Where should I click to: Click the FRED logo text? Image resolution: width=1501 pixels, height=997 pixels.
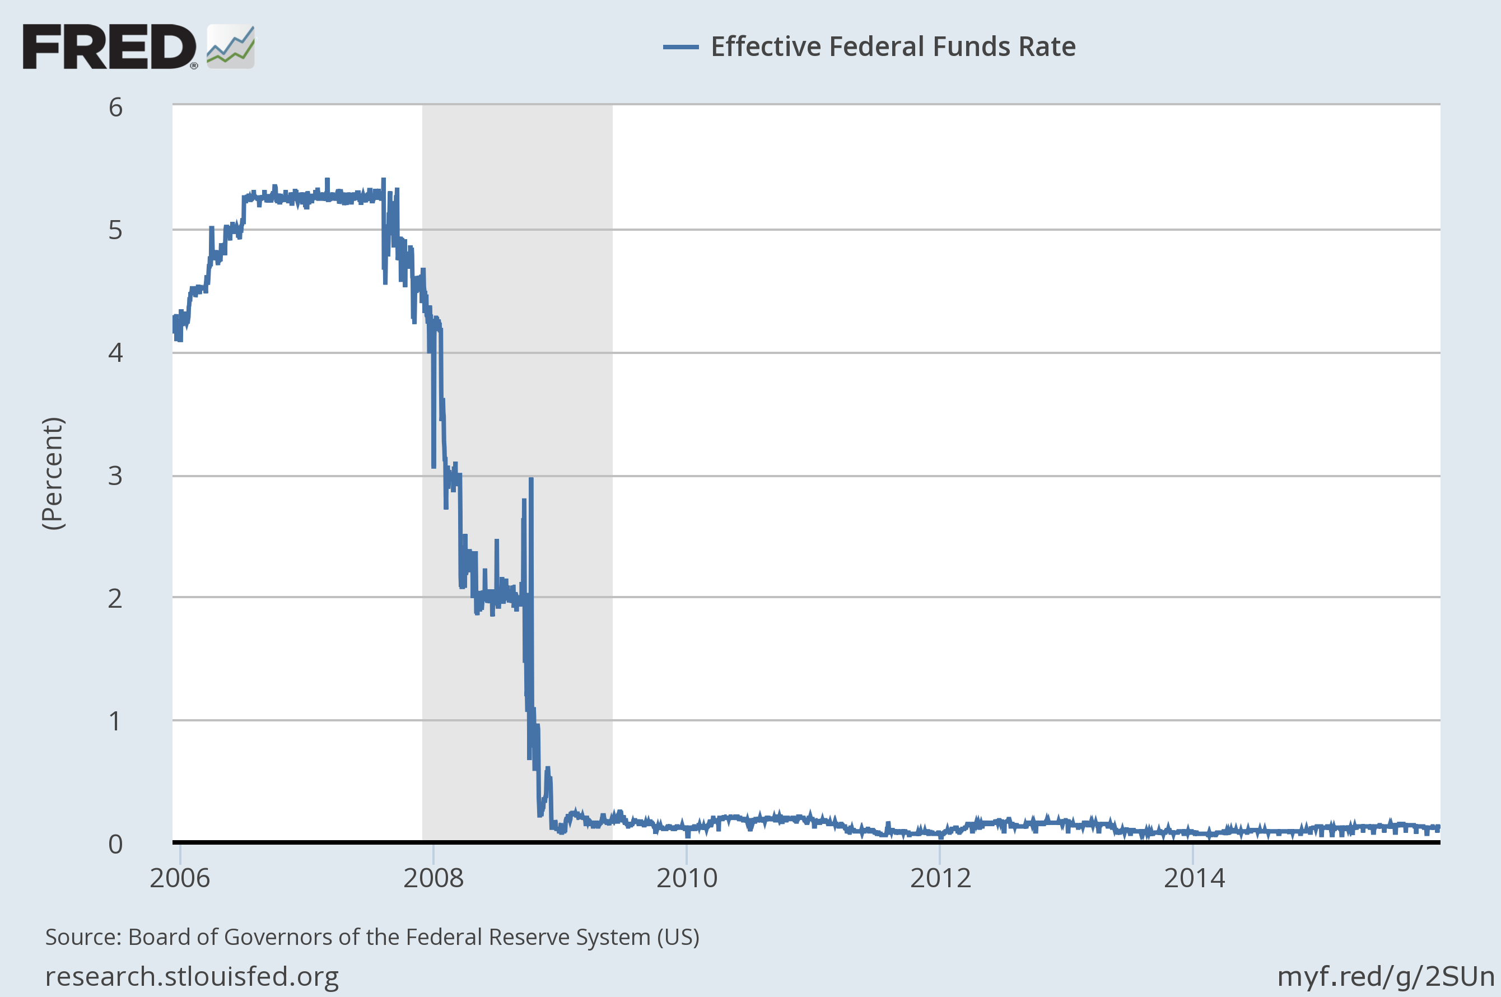pyautogui.click(x=109, y=46)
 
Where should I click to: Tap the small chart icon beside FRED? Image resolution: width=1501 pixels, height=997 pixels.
pyautogui.click(x=230, y=46)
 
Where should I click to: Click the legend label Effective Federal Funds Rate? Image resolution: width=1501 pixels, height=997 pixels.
pyautogui.click(x=893, y=46)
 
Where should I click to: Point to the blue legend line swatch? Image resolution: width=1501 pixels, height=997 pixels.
pyautogui.click(x=680, y=47)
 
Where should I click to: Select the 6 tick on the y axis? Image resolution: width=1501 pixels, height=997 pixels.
pyautogui.click(x=115, y=108)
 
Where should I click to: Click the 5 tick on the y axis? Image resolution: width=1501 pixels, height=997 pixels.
pyautogui.click(x=115, y=230)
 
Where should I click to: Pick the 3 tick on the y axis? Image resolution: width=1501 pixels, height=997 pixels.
pyautogui.click(x=115, y=476)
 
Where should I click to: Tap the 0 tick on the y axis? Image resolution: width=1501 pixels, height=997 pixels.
pyautogui.click(x=115, y=844)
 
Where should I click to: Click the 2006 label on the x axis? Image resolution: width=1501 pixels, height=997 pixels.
pyautogui.click(x=179, y=878)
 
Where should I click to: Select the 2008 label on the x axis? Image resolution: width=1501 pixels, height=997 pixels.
pyautogui.click(x=433, y=878)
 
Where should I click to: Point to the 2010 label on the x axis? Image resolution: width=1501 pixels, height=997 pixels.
pyautogui.click(x=687, y=878)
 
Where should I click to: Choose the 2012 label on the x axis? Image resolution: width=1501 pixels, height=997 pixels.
pyautogui.click(x=940, y=878)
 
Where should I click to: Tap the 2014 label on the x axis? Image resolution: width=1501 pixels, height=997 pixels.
pyautogui.click(x=1194, y=878)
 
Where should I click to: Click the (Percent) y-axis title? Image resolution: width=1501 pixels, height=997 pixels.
pyautogui.click(x=53, y=473)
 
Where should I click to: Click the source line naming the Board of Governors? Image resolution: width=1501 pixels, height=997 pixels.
pyautogui.click(x=372, y=937)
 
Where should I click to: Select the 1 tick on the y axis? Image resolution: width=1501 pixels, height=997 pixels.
pyautogui.click(x=115, y=721)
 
